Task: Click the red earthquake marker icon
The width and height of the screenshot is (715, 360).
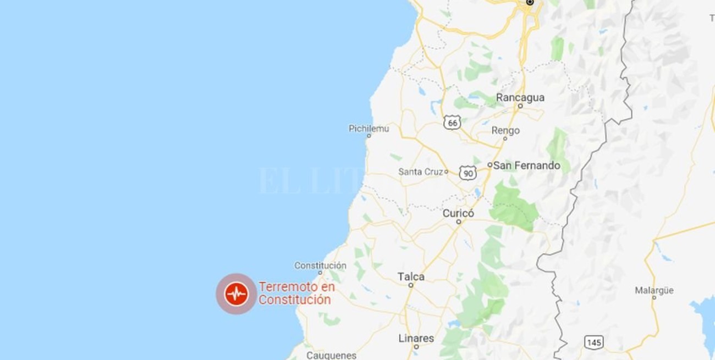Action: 237,294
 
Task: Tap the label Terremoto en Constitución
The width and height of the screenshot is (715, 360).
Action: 296,293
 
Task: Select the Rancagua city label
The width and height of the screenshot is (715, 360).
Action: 520,97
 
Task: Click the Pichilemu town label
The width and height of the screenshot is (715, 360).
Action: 369,129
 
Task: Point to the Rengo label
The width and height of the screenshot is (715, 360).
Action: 505,131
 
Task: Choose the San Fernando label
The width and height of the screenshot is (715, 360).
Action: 526,165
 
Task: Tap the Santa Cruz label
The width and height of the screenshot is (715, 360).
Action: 421,172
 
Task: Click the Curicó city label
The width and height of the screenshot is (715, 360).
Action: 458,213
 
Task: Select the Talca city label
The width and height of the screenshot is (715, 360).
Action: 411,276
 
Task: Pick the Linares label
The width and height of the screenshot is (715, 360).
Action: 416,338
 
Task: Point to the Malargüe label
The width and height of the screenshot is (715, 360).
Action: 654,290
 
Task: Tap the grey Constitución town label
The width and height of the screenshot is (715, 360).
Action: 320,265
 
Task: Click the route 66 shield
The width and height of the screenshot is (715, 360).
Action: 452,123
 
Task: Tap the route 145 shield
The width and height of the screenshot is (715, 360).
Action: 594,342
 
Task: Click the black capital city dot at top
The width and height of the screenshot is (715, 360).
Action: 530,3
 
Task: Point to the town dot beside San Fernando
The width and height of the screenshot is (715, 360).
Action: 490,165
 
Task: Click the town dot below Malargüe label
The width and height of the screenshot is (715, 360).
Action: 654,298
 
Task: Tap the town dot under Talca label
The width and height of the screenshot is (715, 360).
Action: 411,285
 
